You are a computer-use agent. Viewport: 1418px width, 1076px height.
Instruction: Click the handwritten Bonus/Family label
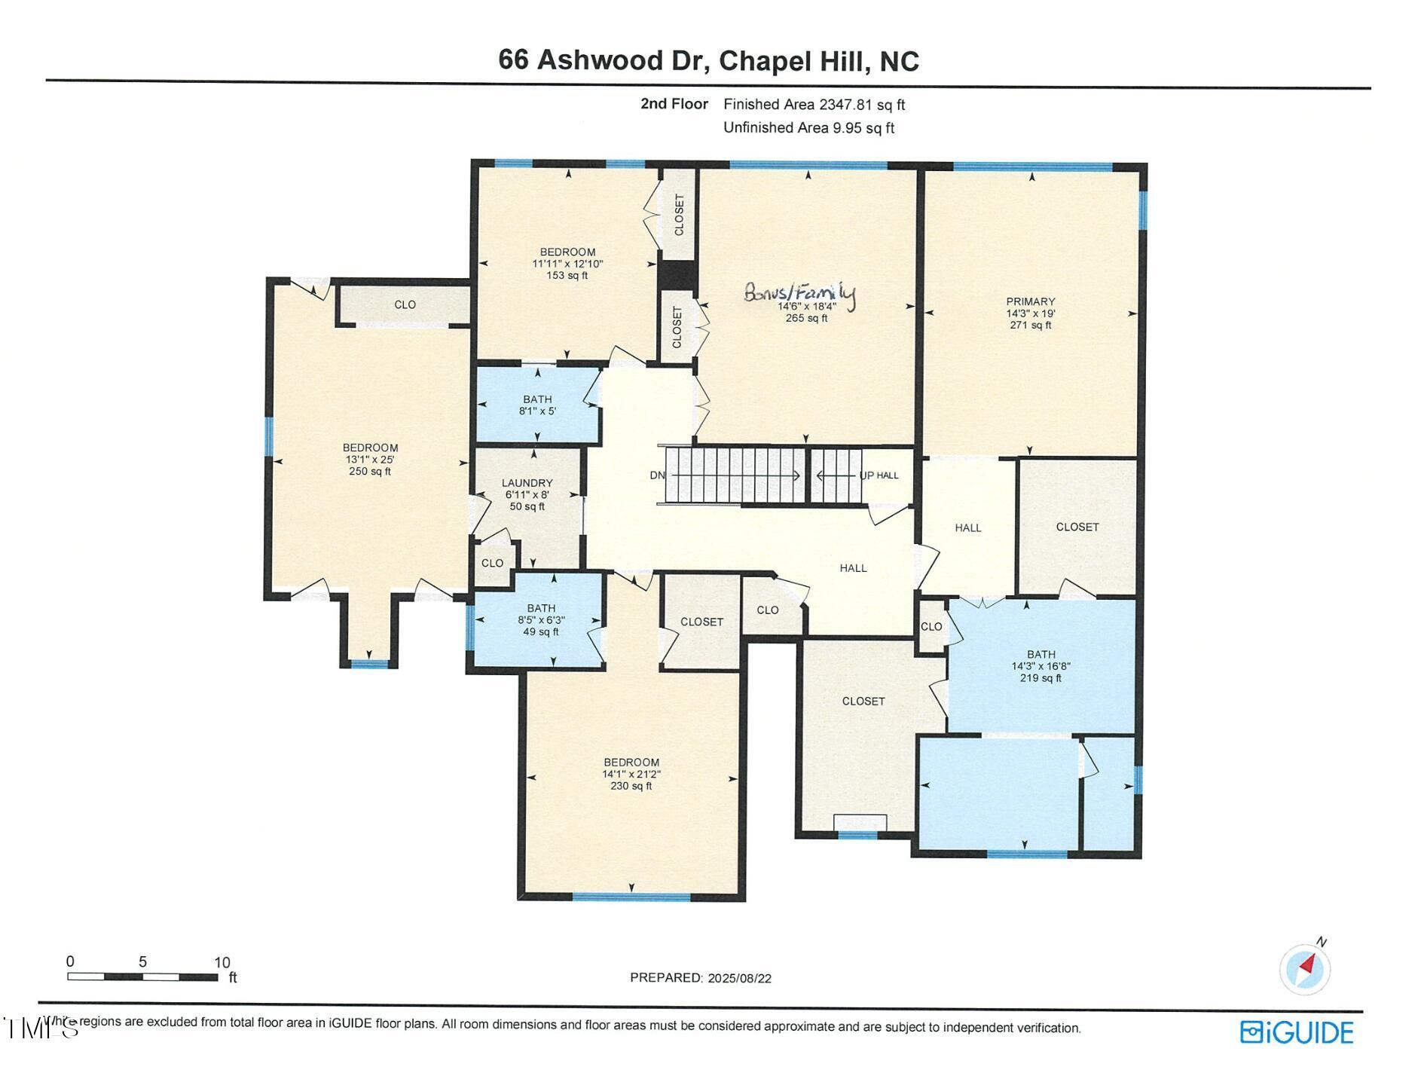(x=799, y=292)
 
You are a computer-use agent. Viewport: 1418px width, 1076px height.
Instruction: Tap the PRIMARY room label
(x=1030, y=301)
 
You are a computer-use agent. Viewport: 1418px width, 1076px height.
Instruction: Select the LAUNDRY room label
(x=527, y=483)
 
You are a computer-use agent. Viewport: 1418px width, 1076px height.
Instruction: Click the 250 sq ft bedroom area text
(x=369, y=472)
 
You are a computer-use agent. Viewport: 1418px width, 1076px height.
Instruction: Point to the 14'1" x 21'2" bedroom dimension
(x=631, y=774)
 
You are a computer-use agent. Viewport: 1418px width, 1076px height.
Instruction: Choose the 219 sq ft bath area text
(x=1041, y=678)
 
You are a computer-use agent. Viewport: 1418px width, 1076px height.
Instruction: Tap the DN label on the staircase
(x=657, y=475)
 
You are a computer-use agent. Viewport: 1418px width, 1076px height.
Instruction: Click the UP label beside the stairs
(x=866, y=475)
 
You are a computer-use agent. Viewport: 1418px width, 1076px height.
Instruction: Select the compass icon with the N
(x=1305, y=968)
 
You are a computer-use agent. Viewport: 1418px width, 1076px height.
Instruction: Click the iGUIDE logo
(x=1297, y=1032)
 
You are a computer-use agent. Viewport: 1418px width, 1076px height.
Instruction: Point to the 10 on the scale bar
(x=222, y=962)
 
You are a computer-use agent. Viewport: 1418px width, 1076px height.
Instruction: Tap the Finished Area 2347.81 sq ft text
(x=814, y=105)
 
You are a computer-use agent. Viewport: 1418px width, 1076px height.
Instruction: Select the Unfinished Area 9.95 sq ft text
(x=808, y=128)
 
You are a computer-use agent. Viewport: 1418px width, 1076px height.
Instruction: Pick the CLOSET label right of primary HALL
(x=1077, y=527)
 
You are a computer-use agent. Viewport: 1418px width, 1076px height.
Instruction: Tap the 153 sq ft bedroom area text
(x=567, y=276)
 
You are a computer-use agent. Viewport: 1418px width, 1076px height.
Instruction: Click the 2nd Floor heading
(x=674, y=104)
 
